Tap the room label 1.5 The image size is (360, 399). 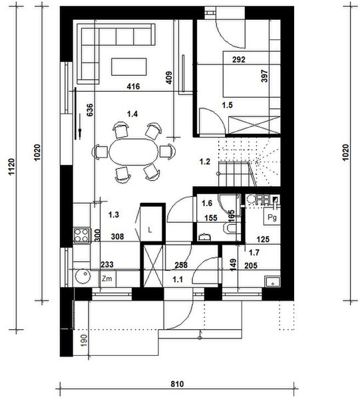[x=228, y=105]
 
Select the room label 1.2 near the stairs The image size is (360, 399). [x=206, y=160]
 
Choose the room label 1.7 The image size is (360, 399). [x=254, y=252]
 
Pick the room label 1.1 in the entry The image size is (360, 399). [x=178, y=280]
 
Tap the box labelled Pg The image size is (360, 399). [x=272, y=217]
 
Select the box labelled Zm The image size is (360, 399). [x=106, y=280]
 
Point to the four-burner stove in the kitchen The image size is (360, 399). [x=82, y=234]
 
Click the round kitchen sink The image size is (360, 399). [x=82, y=277]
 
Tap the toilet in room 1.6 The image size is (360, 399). [x=231, y=229]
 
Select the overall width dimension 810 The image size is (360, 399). [x=176, y=384]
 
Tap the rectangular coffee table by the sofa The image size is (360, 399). [x=129, y=66]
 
